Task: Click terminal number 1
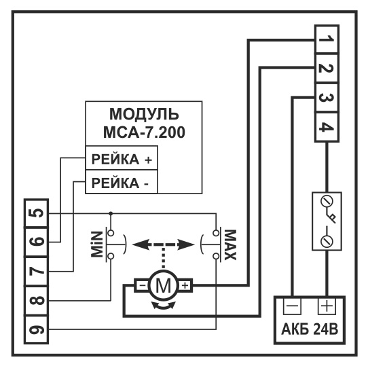[327, 39]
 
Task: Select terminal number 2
[327, 69]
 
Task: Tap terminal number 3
[327, 98]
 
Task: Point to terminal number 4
[327, 127]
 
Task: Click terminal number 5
[37, 213]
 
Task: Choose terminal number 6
[37, 242]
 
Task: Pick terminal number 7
[37, 272]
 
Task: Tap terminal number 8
[37, 301]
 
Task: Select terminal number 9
[37, 330]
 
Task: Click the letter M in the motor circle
[164, 285]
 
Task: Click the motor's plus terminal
[185, 285]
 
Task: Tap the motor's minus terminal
[141, 285]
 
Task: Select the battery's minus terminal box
[292, 306]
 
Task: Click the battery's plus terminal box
[327, 306]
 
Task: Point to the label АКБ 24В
[310, 329]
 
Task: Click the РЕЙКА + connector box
[122, 158]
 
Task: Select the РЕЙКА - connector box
[122, 182]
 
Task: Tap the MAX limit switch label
[230, 245]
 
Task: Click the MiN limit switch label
[97, 244]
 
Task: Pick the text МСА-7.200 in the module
[144, 132]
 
